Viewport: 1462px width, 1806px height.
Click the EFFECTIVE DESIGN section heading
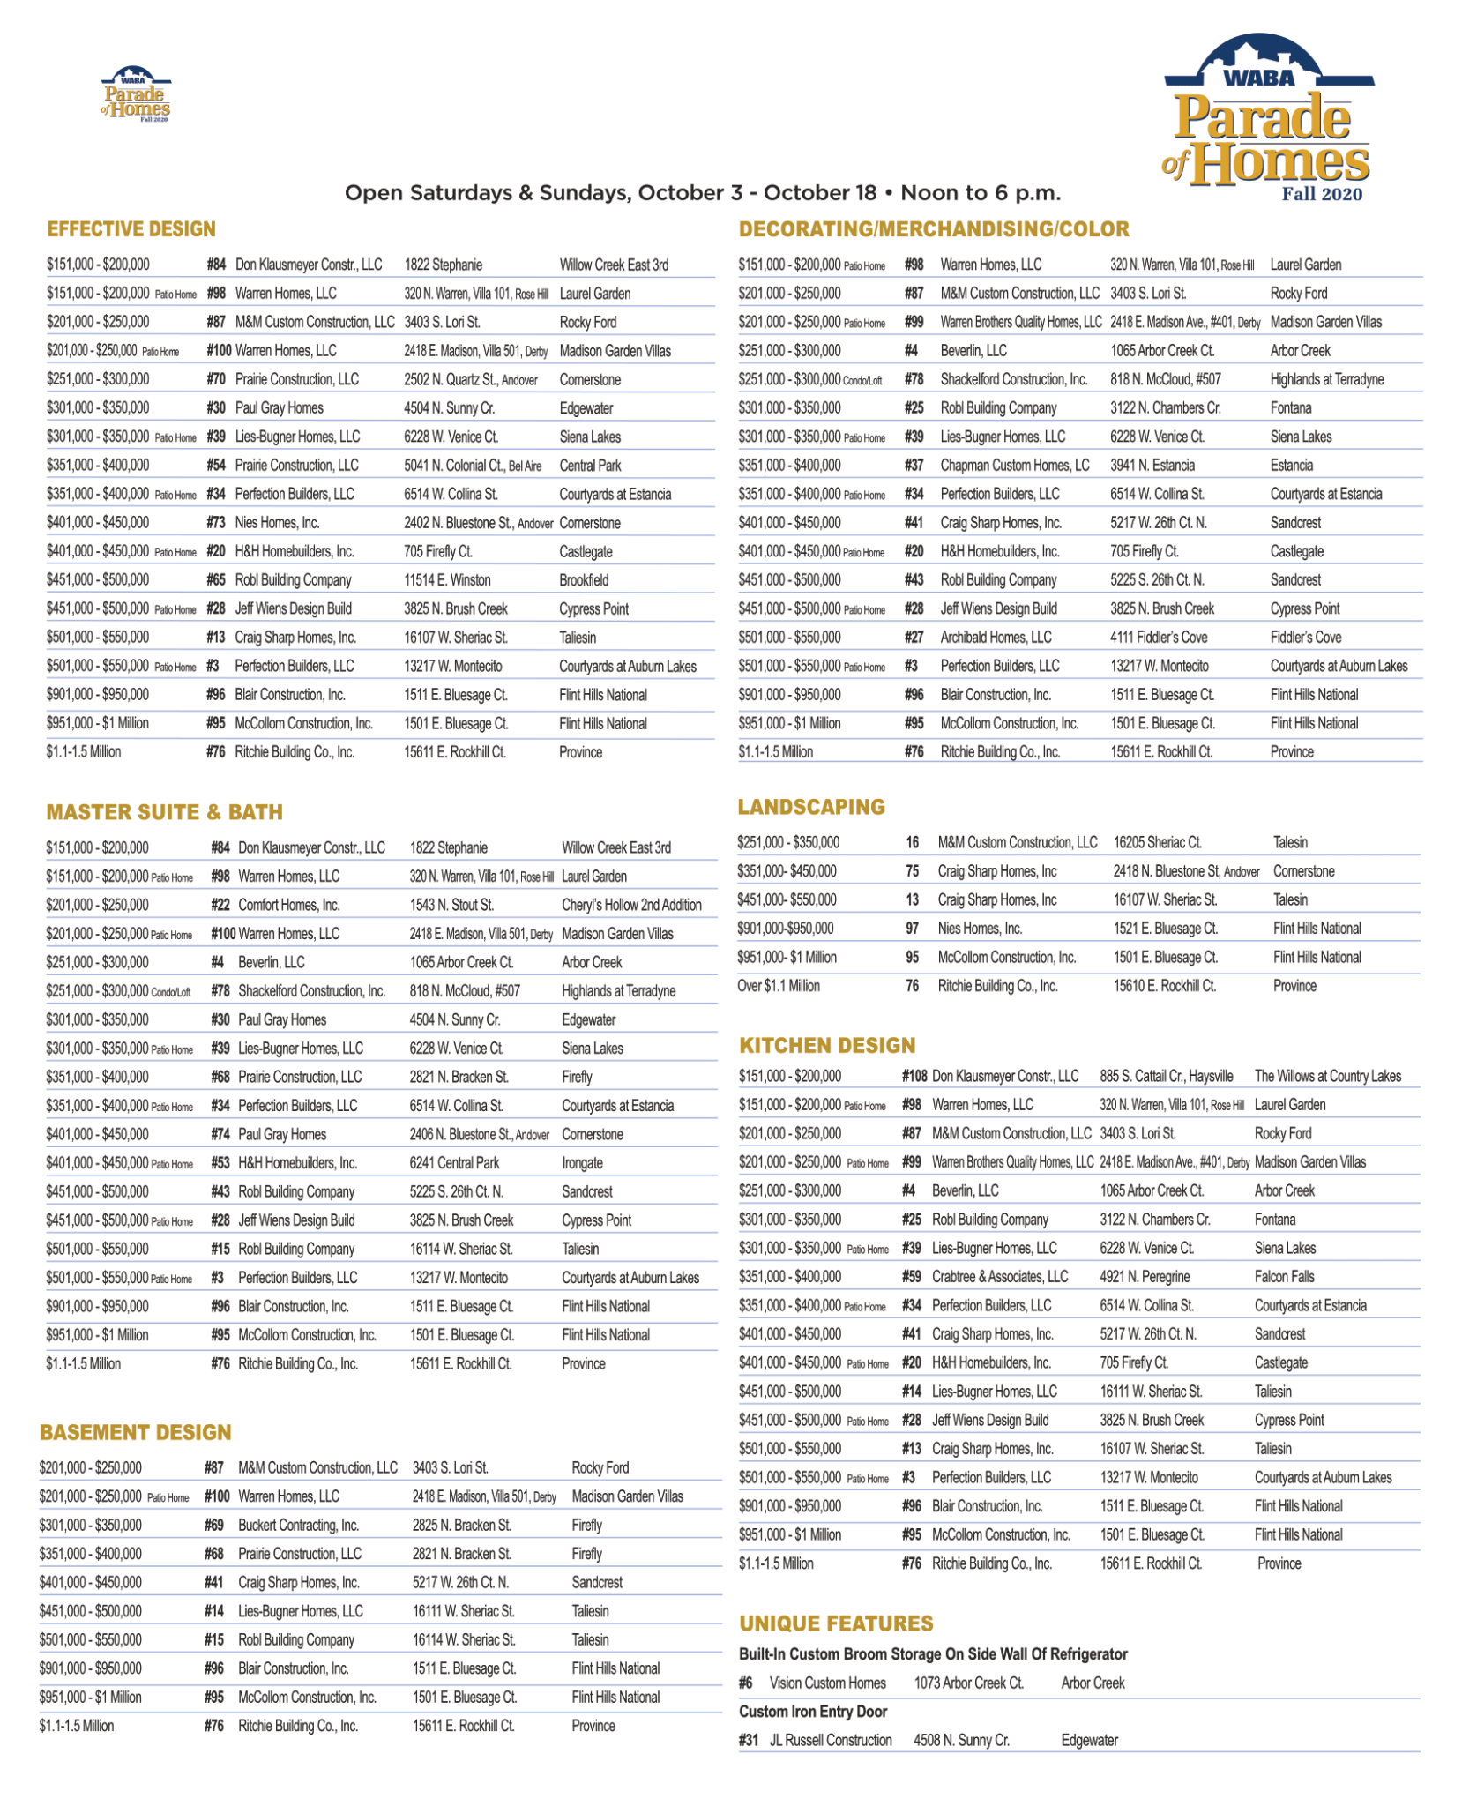point(131,229)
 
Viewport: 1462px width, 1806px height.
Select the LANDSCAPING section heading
point(811,807)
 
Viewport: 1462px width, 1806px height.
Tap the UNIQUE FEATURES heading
point(836,1623)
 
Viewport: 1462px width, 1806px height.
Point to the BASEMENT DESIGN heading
point(135,1432)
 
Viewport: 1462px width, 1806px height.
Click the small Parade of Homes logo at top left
point(136,95)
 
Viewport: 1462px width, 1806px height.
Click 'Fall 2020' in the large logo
point(1321,194)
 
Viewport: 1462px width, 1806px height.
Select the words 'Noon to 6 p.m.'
point(981,193)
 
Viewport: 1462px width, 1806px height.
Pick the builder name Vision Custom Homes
point(828,1683)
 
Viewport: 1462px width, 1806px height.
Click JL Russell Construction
point(831,1740)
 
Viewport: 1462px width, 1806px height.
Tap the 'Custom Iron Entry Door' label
point(813,1712)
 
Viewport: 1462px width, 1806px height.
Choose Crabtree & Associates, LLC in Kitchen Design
point(1000,1276)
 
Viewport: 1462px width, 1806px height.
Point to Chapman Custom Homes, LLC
point(1014,465)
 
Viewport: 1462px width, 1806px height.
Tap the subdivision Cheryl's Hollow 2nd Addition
point(631,905)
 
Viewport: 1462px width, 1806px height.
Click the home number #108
point(914,1076)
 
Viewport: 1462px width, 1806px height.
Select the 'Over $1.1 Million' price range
point(779,986)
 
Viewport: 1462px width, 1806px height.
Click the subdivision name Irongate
point(582,1163)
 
